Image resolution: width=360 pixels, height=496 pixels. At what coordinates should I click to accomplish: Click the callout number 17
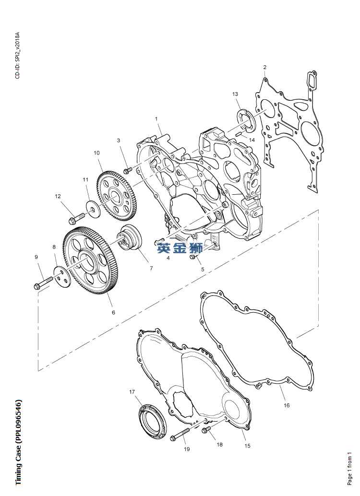(x=132, y=392)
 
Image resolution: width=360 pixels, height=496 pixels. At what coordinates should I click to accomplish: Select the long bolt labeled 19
(x=180, y=434)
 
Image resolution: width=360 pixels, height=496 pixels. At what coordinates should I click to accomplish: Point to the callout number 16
(x=287, y=405)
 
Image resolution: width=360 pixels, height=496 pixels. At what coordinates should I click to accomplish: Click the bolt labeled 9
(x=43, y=283)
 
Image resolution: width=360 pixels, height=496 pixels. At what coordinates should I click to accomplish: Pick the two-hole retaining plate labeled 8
(x=62, y=277)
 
